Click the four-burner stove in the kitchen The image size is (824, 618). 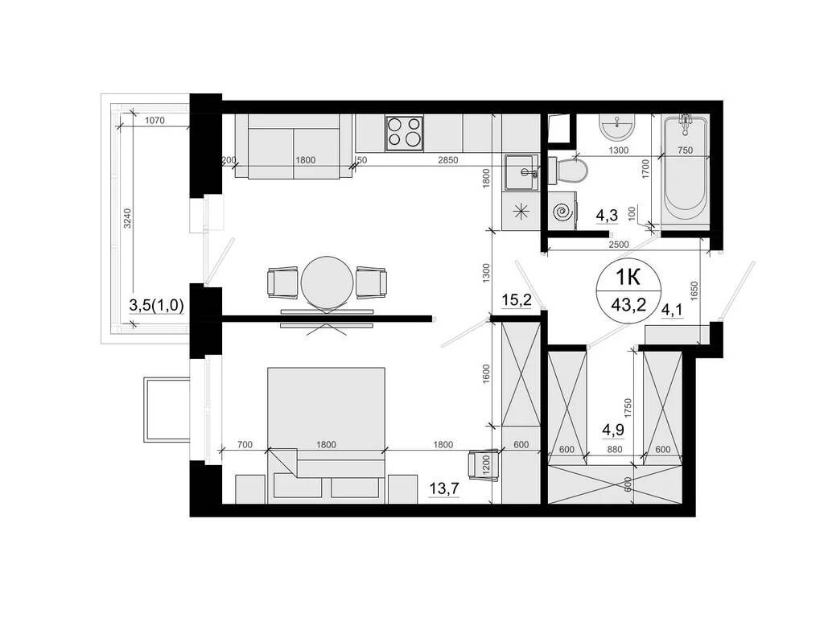(x=405, y=133)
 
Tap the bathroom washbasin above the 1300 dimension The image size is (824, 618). (x=618, y=126)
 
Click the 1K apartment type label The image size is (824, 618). (x=628, y=278)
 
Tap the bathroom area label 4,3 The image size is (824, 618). (x=606, y=215)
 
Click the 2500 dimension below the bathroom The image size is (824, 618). (x=618, y=244)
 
